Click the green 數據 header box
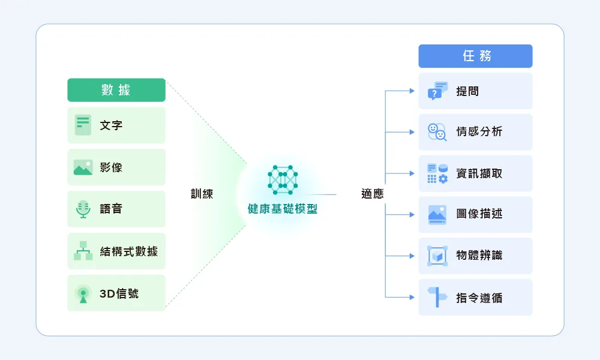tap(116, 90)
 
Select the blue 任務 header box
tap(475, 56)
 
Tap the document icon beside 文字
tap(83, 125)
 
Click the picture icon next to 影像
tap(83, 167)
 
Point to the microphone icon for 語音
tap(83, 209)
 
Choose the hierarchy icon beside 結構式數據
tap(83, 251)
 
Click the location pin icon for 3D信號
tap(83, 294)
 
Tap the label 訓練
tap(202, 194)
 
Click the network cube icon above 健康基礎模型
tap(283, 180)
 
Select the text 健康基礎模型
tap(283, 209)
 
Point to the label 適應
tap(373, 194)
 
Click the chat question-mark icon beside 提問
tap(437, 91)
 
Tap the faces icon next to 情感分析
tap(437, 132)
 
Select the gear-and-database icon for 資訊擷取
tap(437, 173)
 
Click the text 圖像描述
tap(479, 214)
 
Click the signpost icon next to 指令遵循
tap(437, 297)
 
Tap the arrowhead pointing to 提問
tap(412, 91)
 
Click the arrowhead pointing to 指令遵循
tap(412, 297)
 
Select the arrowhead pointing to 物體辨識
tap(412, 256)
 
